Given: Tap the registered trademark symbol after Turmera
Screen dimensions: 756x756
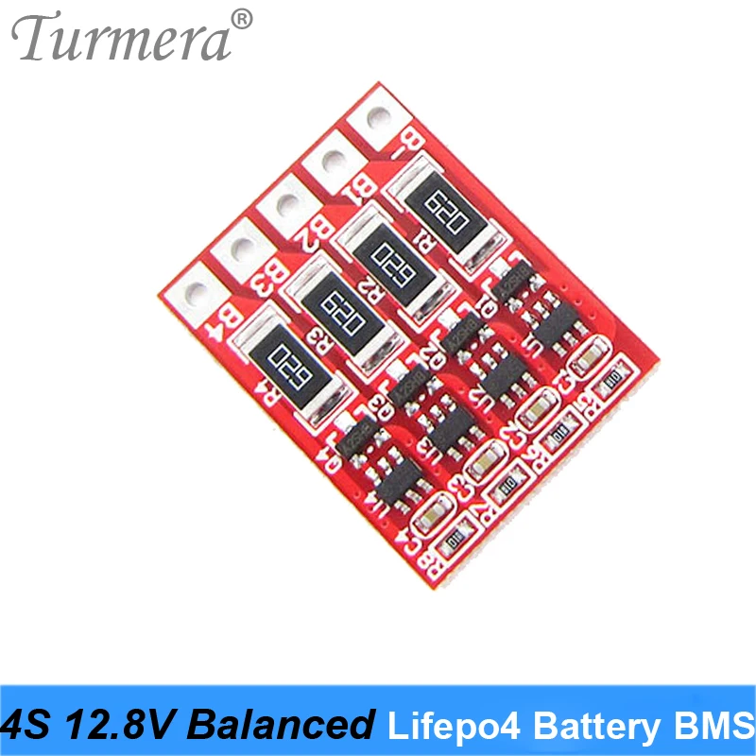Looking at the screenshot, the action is pyautogui.click(x=242, y=19).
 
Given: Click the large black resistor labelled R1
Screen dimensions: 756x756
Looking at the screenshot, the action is pyautogui.click(x=443, y=207).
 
